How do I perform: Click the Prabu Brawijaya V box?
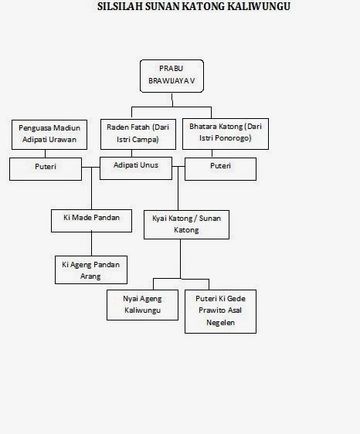[x=172, y=76]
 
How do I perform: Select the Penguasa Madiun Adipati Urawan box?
[x=49, y=134]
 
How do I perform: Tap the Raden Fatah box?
[x=138, y=134]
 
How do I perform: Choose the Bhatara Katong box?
[x=226, y=134]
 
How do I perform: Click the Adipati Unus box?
[x=136, y=168]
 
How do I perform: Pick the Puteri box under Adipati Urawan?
[x=46, y=169]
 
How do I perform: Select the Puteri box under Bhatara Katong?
[x=220, y=169]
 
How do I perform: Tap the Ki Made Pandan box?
[x=91, y=221]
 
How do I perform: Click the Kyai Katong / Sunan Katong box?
[x=186, y=225]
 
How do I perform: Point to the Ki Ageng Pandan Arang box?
[x=91, y=270]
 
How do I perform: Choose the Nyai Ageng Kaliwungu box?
[x=142, y=305]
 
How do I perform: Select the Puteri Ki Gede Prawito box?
[x=220, y=311]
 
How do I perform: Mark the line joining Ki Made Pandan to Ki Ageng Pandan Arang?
[x=91, y=244]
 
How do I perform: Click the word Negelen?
[x=220, y=323]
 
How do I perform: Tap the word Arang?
[x=90, y=276]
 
